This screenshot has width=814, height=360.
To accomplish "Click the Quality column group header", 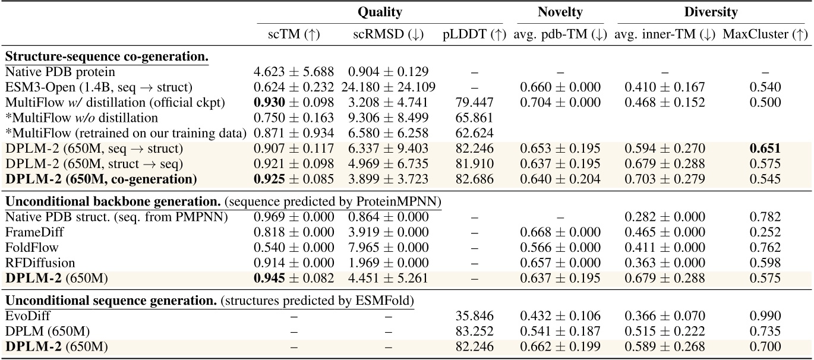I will (x=380, y=12).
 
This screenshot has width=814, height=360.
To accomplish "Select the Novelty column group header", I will (x=560, y=12).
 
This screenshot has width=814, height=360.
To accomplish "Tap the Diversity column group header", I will (x=711, y=12).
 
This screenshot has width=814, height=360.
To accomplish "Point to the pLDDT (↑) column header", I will (x=474, y=35).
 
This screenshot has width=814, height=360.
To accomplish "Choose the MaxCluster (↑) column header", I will (x=765, y=35).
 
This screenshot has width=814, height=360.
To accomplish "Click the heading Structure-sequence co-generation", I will (x=107, y=57).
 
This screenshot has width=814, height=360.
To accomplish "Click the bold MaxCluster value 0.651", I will (x=765, y=148).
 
